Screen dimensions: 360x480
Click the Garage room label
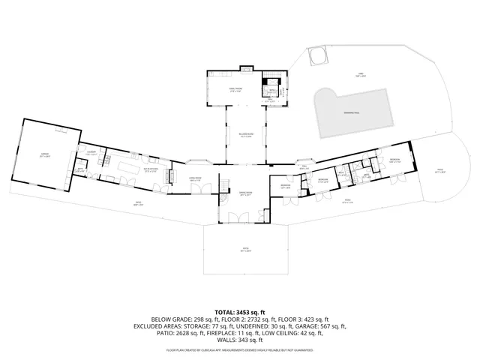44,156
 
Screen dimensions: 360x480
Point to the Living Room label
194,179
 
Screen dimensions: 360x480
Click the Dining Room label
245,194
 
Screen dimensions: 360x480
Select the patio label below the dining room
245,250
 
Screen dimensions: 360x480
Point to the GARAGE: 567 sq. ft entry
324,326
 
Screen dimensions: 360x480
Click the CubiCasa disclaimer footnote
240,350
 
